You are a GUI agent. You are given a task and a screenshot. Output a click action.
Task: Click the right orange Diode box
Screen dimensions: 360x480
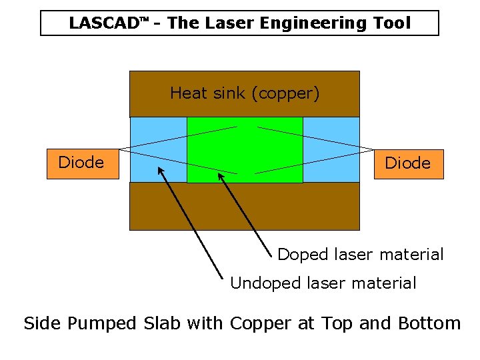[407, 164]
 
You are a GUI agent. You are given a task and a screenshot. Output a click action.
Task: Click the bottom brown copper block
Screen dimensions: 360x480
[244, 206]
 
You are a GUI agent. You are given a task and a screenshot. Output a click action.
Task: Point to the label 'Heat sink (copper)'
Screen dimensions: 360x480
[245, 93]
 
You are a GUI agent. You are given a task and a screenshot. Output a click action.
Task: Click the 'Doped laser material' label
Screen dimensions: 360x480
[360, 255]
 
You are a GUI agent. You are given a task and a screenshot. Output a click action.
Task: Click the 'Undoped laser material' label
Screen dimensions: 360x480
[323, 283]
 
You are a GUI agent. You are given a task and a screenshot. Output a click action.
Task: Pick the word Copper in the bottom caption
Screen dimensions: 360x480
[258, 324]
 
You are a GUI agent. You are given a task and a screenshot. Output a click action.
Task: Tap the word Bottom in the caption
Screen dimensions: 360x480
[429, 324]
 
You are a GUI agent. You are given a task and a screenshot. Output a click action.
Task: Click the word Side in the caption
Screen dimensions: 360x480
[42, 324]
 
